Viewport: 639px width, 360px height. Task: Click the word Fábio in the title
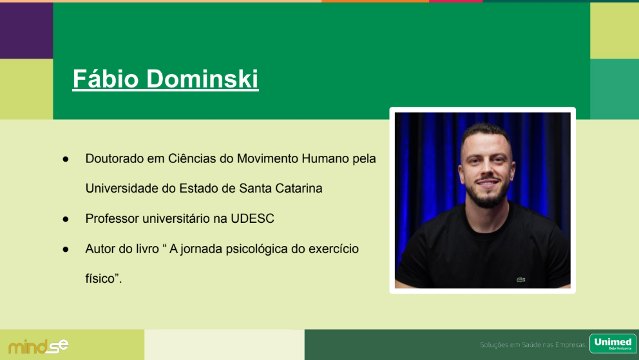coord(106,78)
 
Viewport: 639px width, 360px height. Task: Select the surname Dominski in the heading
coord(202,78)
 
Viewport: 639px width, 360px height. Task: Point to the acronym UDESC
coord(253,219)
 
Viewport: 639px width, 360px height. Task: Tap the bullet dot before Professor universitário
coord(66,220)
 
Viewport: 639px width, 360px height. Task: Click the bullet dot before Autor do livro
coord(66,250)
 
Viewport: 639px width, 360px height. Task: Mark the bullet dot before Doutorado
coord(66,159)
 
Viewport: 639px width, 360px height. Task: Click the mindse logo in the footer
coord(38,346)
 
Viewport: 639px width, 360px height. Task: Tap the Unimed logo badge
coord(613,343)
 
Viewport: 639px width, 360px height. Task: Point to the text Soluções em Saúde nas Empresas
coord(533,345)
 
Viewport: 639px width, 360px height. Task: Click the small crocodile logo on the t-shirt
coord(521,279)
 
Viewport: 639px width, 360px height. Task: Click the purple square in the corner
coord(26,30)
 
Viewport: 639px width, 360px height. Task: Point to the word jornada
coord(202,249)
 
